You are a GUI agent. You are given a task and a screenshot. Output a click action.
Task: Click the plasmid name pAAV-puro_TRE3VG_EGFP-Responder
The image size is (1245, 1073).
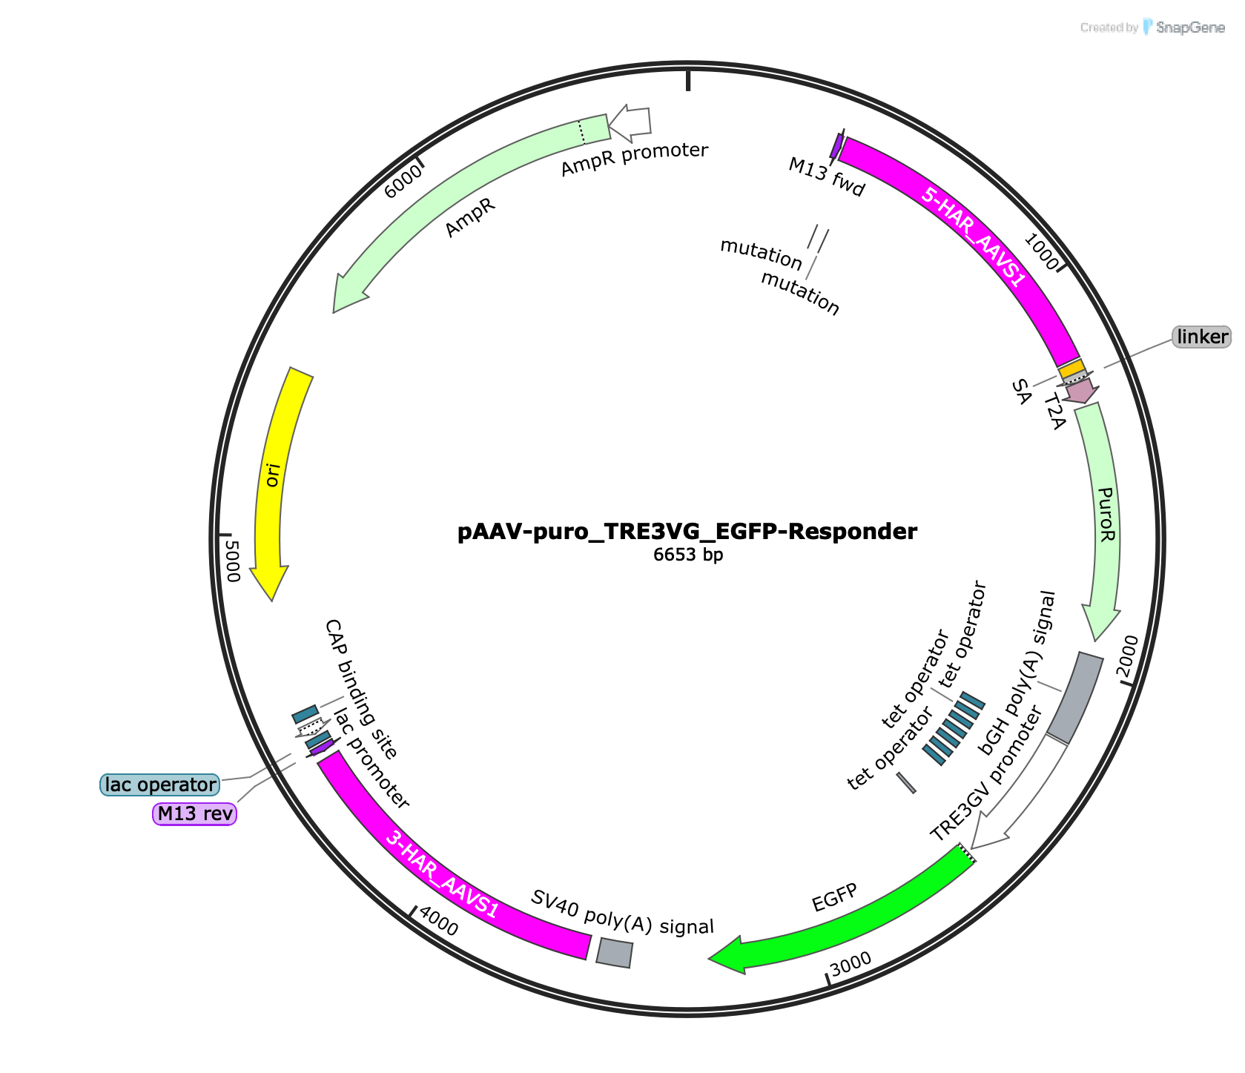tap(687, 532)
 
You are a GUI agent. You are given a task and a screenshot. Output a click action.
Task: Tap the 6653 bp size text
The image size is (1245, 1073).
tap(687, 555)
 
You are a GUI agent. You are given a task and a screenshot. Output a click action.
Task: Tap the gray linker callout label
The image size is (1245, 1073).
tap(1201, 337)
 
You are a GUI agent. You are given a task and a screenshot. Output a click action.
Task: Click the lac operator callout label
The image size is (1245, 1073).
tap(160, 785)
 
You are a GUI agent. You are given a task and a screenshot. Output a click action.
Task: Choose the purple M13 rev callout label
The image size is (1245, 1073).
tap(194, 813)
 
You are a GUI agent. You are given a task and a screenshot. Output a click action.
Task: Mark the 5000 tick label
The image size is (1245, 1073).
tap(232, 561)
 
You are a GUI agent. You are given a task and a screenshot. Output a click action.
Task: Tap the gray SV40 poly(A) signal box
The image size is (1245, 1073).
tap(615, 953)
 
